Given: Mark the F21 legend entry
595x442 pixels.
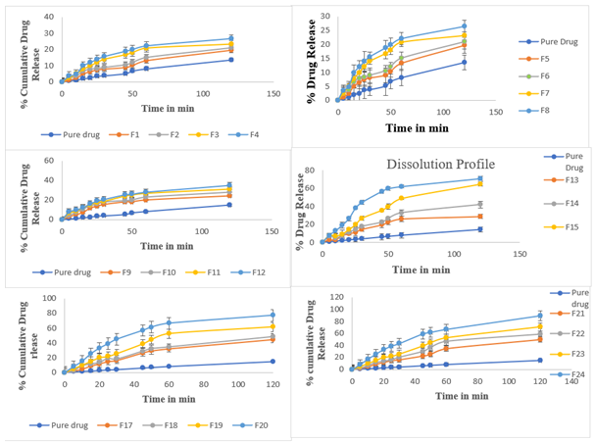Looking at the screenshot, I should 578,313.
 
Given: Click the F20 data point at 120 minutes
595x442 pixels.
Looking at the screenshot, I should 272,315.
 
